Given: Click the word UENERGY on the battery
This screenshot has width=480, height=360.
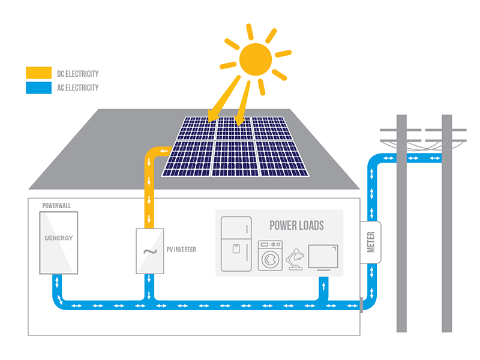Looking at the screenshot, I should (x=59, y=238).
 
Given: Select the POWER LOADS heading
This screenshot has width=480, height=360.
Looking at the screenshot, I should (x=296, y=226).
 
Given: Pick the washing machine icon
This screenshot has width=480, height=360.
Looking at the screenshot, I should (x=270, y=256).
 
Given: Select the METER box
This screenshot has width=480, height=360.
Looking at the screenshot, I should (x=371, y=242).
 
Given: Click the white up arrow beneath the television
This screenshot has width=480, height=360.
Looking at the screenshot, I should (x=325, y=286).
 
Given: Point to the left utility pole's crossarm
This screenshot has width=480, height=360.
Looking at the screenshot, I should (x=401, y=130).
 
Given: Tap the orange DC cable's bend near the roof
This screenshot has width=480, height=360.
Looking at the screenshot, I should (x=152, y=153).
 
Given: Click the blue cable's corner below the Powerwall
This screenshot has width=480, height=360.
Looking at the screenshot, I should (x=59, y=300).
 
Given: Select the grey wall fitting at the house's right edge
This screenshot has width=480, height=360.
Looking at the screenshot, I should (x=361, y=305).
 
